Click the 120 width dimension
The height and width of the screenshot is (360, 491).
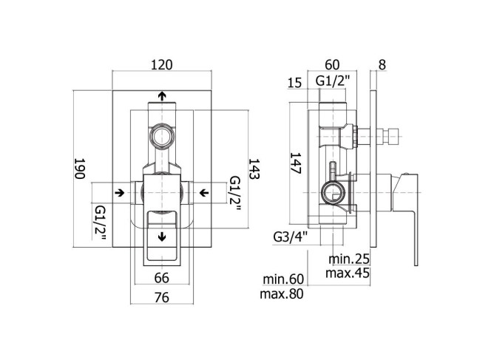[162, 65]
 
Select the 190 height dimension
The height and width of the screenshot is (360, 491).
[80, 169]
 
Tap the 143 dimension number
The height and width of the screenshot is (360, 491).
[254, 169]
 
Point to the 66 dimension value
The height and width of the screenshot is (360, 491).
[162, 278]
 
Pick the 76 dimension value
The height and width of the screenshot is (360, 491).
[162, 297]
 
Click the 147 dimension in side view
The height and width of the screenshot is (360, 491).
[296, 163]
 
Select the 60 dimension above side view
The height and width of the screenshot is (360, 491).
[332, 64]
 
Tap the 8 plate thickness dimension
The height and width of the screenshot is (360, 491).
[382, 65]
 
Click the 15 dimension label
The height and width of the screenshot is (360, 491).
[294, 83]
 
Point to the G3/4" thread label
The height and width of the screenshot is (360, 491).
[291, 237]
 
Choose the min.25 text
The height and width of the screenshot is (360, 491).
[349, 259]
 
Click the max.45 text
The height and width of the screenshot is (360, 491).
[348, 274]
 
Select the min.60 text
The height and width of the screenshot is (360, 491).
[283, 279]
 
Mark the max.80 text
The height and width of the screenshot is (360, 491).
[282, 294]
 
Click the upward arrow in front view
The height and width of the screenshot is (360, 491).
[162, 96]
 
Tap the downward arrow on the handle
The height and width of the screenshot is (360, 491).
[162, 237]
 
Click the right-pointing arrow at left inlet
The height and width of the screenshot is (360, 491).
[119, 192]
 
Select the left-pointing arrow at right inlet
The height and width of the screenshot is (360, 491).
[204, 192]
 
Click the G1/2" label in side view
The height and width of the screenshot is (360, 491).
[332, 81]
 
